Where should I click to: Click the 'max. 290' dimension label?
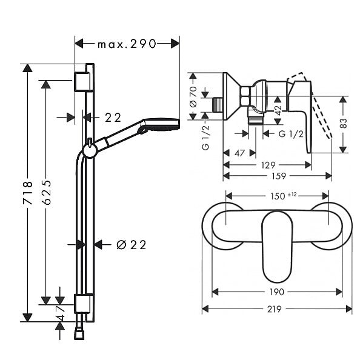(x=127, y=44)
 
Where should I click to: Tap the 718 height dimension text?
(x=28, y=193)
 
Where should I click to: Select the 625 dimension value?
(x=47, y=192)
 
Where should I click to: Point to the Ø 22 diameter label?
(x=131, y=245)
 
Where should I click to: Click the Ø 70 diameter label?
(x=193, y=96)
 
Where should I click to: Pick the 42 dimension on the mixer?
(x=278, y=110)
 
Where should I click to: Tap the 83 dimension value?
(x=343, y=123)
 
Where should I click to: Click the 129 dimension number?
(x=268, y=165)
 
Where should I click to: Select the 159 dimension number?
(x=279, y=176)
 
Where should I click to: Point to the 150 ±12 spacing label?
(x=283, y=196)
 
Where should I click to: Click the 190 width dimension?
(x=277, y=292)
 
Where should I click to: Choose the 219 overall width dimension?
(x=274, y=309)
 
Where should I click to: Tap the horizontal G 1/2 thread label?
(x=291, y=133)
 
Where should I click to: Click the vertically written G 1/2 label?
(x=205, y=138)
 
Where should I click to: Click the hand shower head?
(x=161, y=125)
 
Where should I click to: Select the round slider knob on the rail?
(x=90, y=151)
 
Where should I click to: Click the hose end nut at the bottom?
(x=79, y=334)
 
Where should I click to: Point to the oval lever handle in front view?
(x=278, y=246)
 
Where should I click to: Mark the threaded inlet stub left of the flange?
(x=218, y=105)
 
